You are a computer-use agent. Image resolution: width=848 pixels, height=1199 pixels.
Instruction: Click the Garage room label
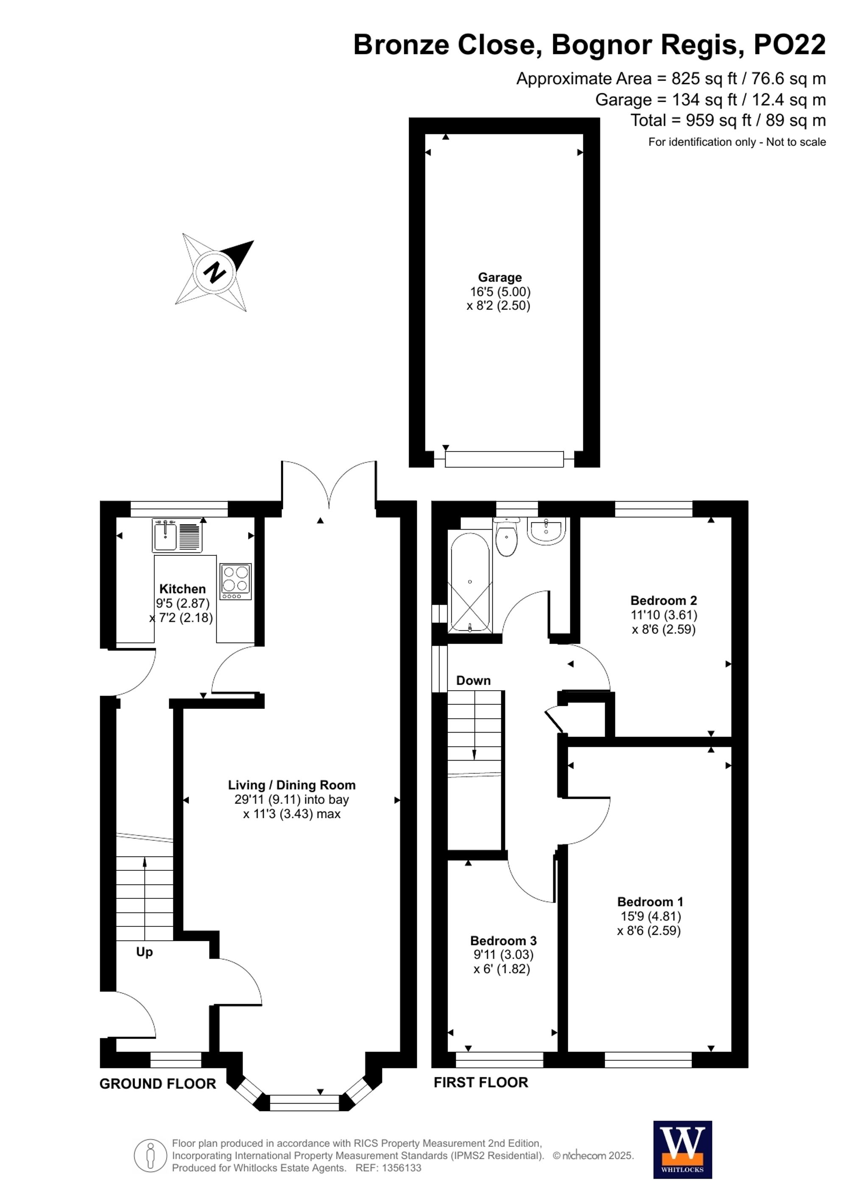(x=500, y=277)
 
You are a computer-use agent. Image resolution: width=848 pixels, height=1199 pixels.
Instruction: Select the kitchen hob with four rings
(x=235, y=581)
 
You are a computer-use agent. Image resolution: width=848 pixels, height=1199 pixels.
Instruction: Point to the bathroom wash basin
(x=546, y=531)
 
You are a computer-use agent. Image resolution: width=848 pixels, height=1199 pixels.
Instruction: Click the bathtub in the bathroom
(x=469, y=582)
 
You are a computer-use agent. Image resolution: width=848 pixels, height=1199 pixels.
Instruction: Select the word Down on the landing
(x=473, y=680)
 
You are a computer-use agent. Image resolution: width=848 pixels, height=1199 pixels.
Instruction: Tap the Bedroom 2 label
(x=663, y=600)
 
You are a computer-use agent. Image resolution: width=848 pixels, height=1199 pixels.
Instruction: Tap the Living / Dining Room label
(x=291, y=785)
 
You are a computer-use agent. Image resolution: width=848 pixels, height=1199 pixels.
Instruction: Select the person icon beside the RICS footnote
(x=151, y=1155)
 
